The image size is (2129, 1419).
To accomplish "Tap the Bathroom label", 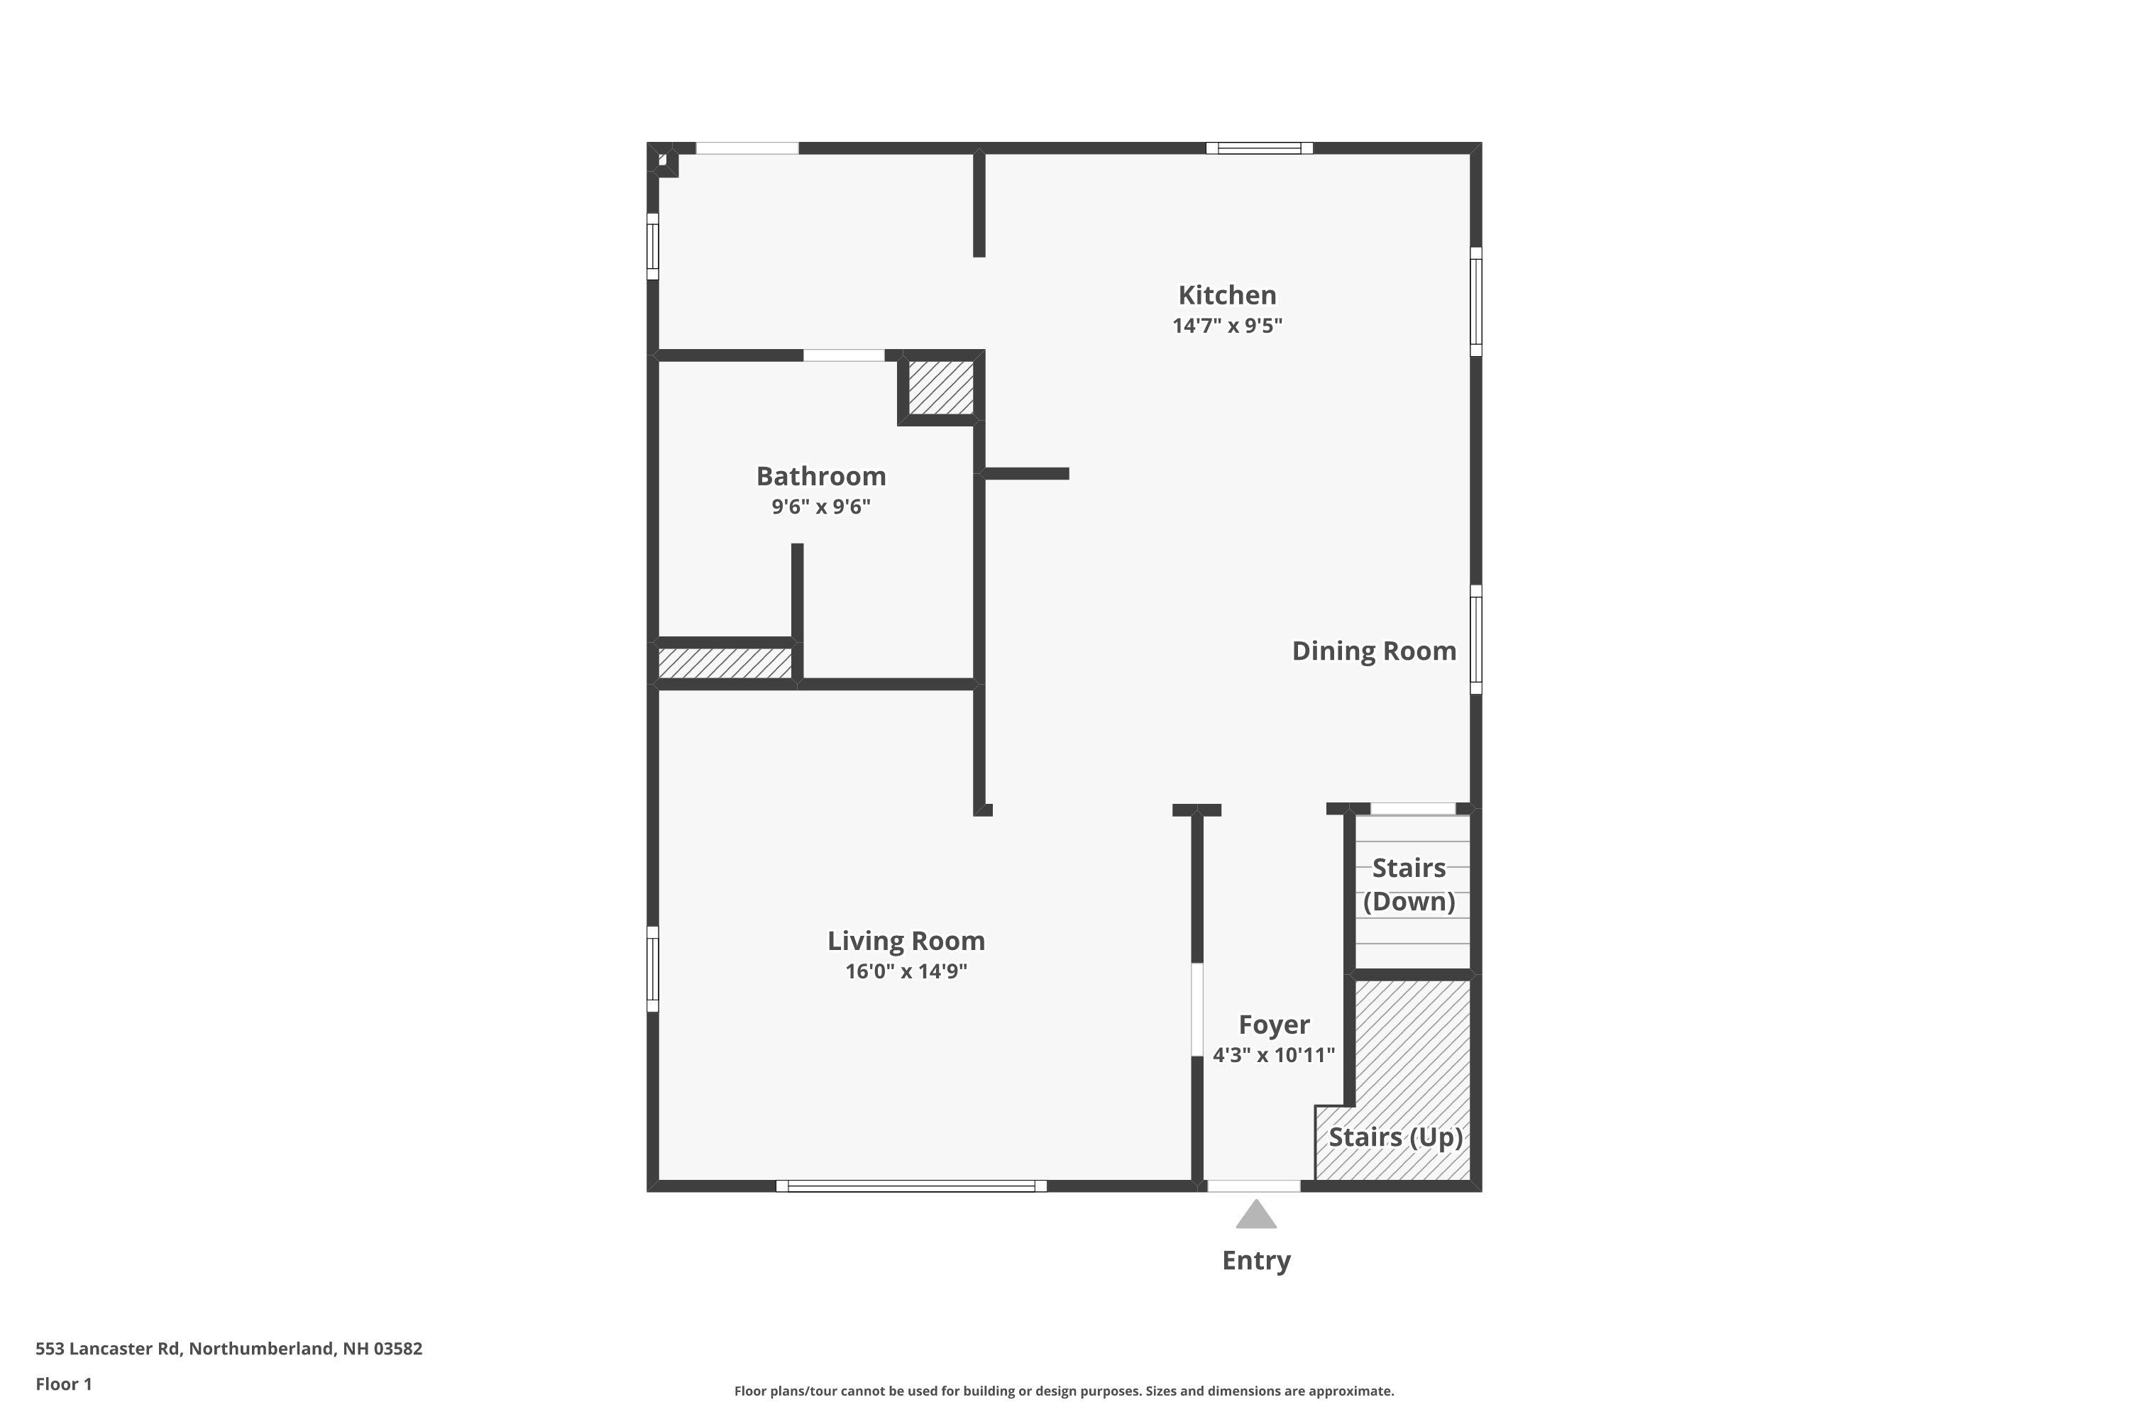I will [820, 476].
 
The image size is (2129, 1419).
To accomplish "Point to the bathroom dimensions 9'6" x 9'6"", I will [820, 507].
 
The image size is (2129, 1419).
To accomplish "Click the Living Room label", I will [906, 942].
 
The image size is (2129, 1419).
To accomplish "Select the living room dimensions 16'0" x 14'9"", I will [906, 972].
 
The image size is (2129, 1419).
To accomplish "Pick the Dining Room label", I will [1373, 651].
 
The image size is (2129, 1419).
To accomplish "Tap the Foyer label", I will [1274, 1025].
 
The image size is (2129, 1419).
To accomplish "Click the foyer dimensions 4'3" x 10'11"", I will [1274, 1055].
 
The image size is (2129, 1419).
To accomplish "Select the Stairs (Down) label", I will [1409, 884].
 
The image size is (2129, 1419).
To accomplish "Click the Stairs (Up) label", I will [1395, 1137].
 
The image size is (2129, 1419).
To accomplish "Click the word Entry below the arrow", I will [1255, 1260].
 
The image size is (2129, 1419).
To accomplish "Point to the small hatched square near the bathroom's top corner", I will [940, 387].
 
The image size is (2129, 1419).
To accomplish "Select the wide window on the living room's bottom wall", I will [911, 1186].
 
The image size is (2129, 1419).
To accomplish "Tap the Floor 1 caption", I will [63, 1384].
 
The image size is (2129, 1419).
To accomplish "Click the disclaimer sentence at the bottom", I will [1064, 1391].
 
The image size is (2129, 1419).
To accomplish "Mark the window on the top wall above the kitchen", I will [1259, 148].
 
